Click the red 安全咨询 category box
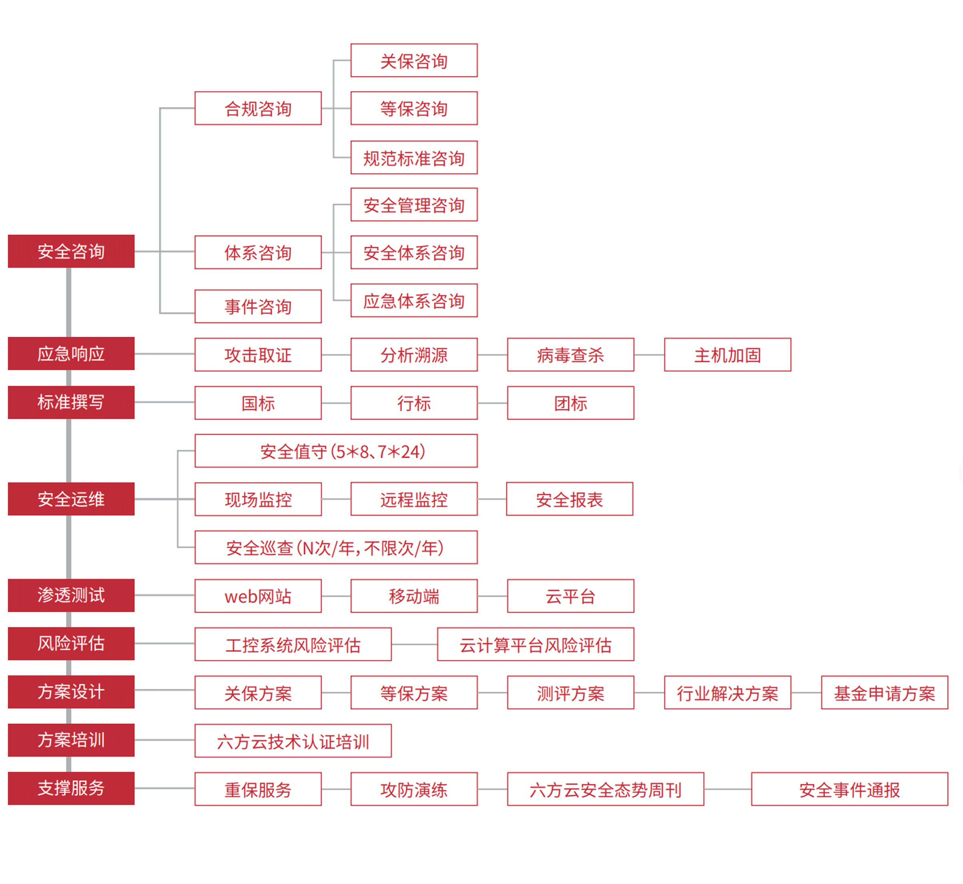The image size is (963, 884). pyautogui.click(x=71, y=251)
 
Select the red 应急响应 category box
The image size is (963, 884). pyautogui.click(x=71, y=354)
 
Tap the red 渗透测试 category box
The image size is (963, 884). pyautogui.click(x=71, y=595)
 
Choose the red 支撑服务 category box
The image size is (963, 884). pyautogui.click(x=71, y=788)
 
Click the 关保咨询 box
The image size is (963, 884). pyautogui.click(x=414, y=60)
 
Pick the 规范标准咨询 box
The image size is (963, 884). pyautogui.click(x=414, y=157)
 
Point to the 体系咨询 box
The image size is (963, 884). pyautogui.click(x=258, y=252)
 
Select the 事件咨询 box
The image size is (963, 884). pyautogui.click(x=258, y=306)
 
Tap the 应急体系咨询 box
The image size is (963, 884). pyautogui.click(x=414, y=300)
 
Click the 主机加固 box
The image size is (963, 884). pyautogui.click(x=728, y=354)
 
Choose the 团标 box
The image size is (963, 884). pyautogui.click(x=571, y=403)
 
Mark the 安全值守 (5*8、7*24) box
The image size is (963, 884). pyautogui.click(x=336, y=451)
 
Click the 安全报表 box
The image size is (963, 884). pyautogui.click(x=570, y=499)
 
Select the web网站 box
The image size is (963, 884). pyautogui.click(x=258, y=596)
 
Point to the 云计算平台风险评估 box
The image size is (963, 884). pyautogui.click(x=536, y=644)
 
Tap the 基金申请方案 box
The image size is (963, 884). pyautogui.click(x=885, y=692)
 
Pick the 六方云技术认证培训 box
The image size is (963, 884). pyautogui.click(x=293, y=741)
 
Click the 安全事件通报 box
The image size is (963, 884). pyautogui.click(x=850, y=789)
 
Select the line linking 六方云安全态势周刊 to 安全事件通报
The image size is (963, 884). pyautogui.click(x=728, y=789)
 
